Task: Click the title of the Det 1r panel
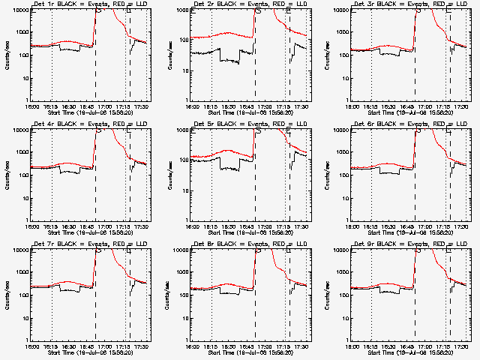pos(90,4)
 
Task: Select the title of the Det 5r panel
pos(250,124)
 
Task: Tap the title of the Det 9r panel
pos(411,244)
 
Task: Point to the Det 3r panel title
pos(411,4)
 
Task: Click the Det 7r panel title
pos(90,244)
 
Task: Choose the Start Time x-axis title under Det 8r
pos(250,352)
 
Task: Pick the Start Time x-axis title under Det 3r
pos(411,112)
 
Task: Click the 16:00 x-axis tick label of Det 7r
pos(31,346)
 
